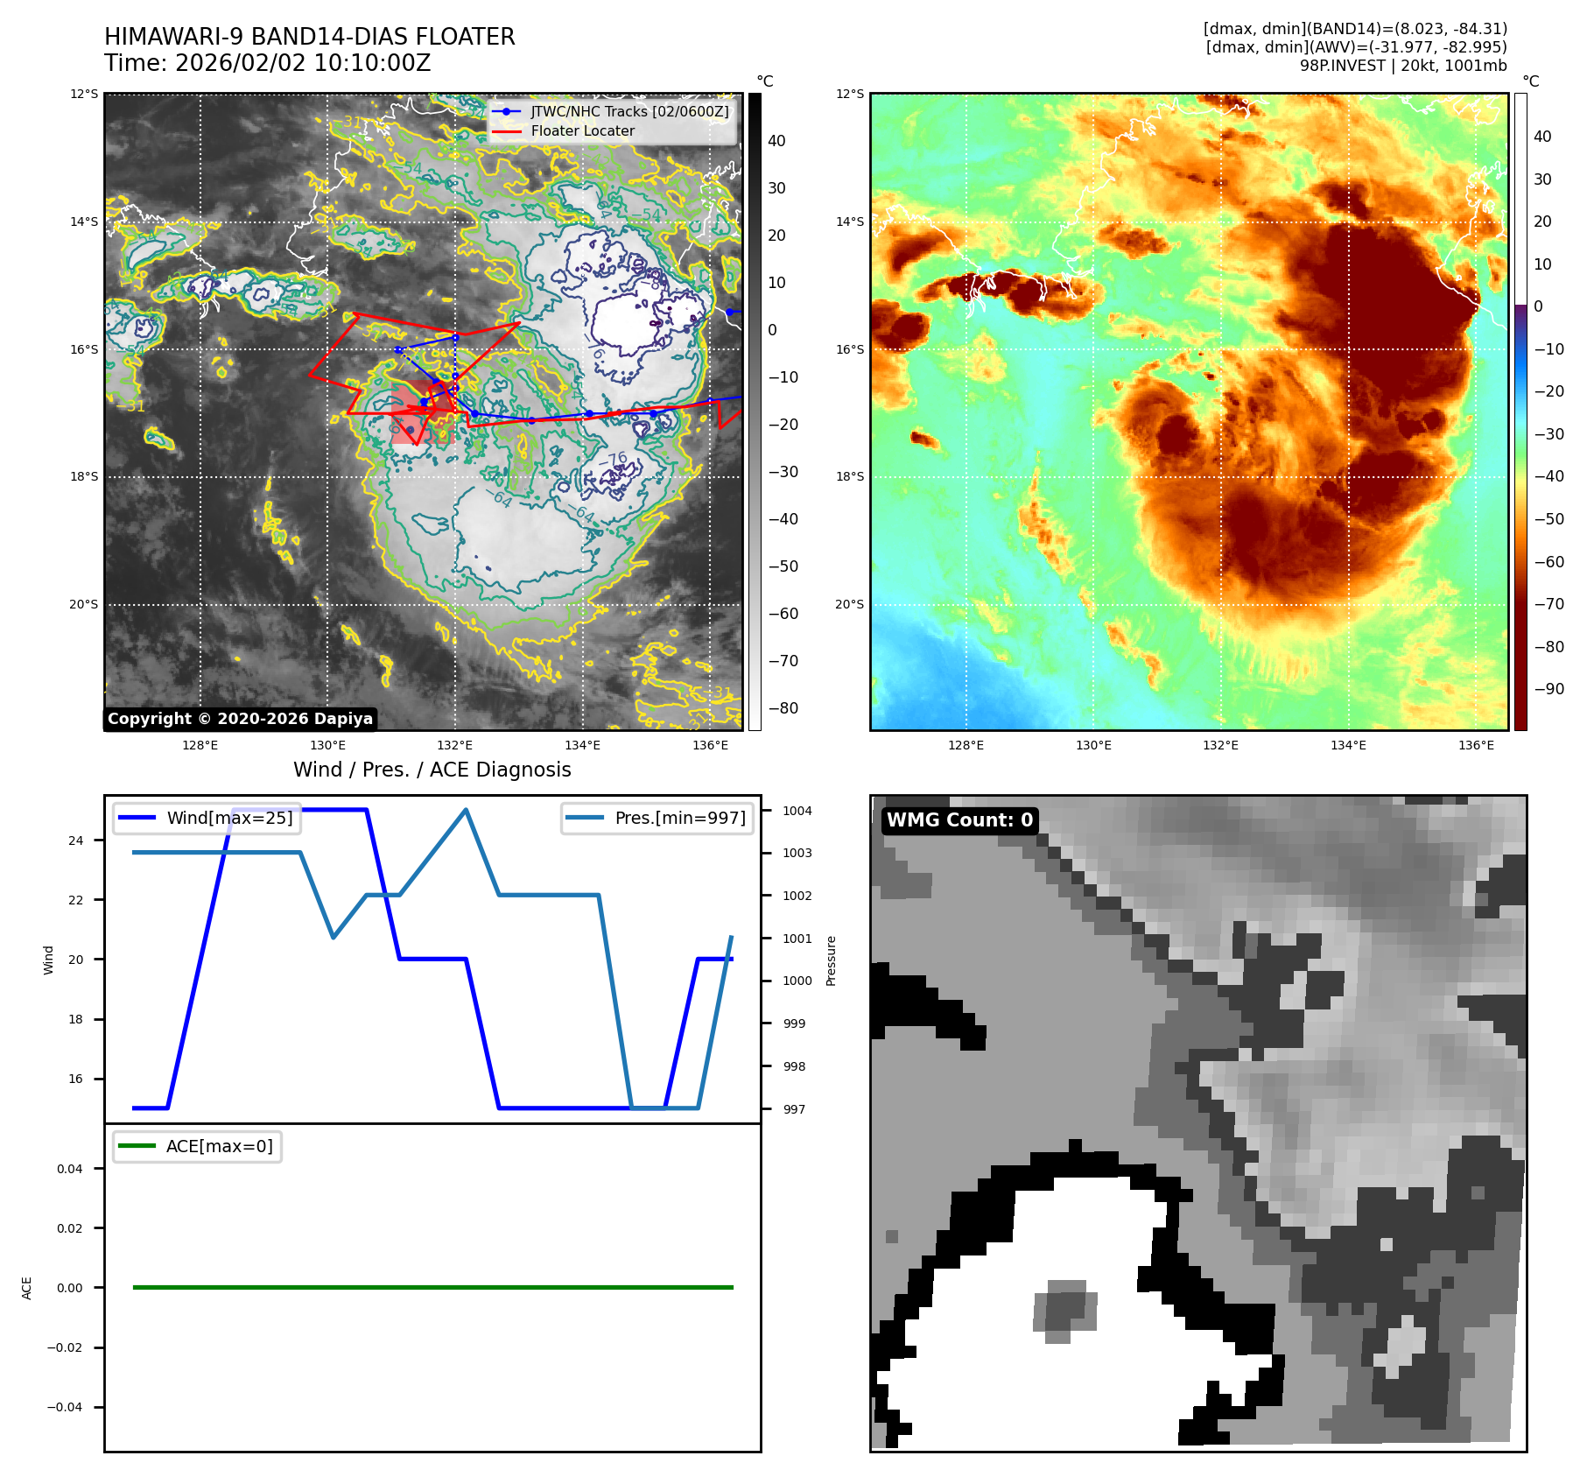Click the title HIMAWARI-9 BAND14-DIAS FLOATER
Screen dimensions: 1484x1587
click(x=309, y=37)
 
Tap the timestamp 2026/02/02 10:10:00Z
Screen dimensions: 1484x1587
click(x=303, y=64)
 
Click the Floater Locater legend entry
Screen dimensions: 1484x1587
click(x=582, y=131)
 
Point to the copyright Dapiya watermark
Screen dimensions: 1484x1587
click(x=240, y=719)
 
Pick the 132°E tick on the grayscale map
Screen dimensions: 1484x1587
click(x=454, y=745)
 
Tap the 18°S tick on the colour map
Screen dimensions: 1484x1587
click(x=849, y=477)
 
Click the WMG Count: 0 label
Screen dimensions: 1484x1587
click(x=959, y=820)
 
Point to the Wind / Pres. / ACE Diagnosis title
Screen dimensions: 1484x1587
click(x=432, y=770)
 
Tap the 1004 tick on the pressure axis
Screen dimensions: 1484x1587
click(x=797, y=811)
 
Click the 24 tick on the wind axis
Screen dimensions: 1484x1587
click(x=76, y=840)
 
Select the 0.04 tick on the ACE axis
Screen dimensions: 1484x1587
click(x=70, y=1169)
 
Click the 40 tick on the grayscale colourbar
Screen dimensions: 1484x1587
click(x=776, y=141)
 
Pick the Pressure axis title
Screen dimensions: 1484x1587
click(x=831, y=960)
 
